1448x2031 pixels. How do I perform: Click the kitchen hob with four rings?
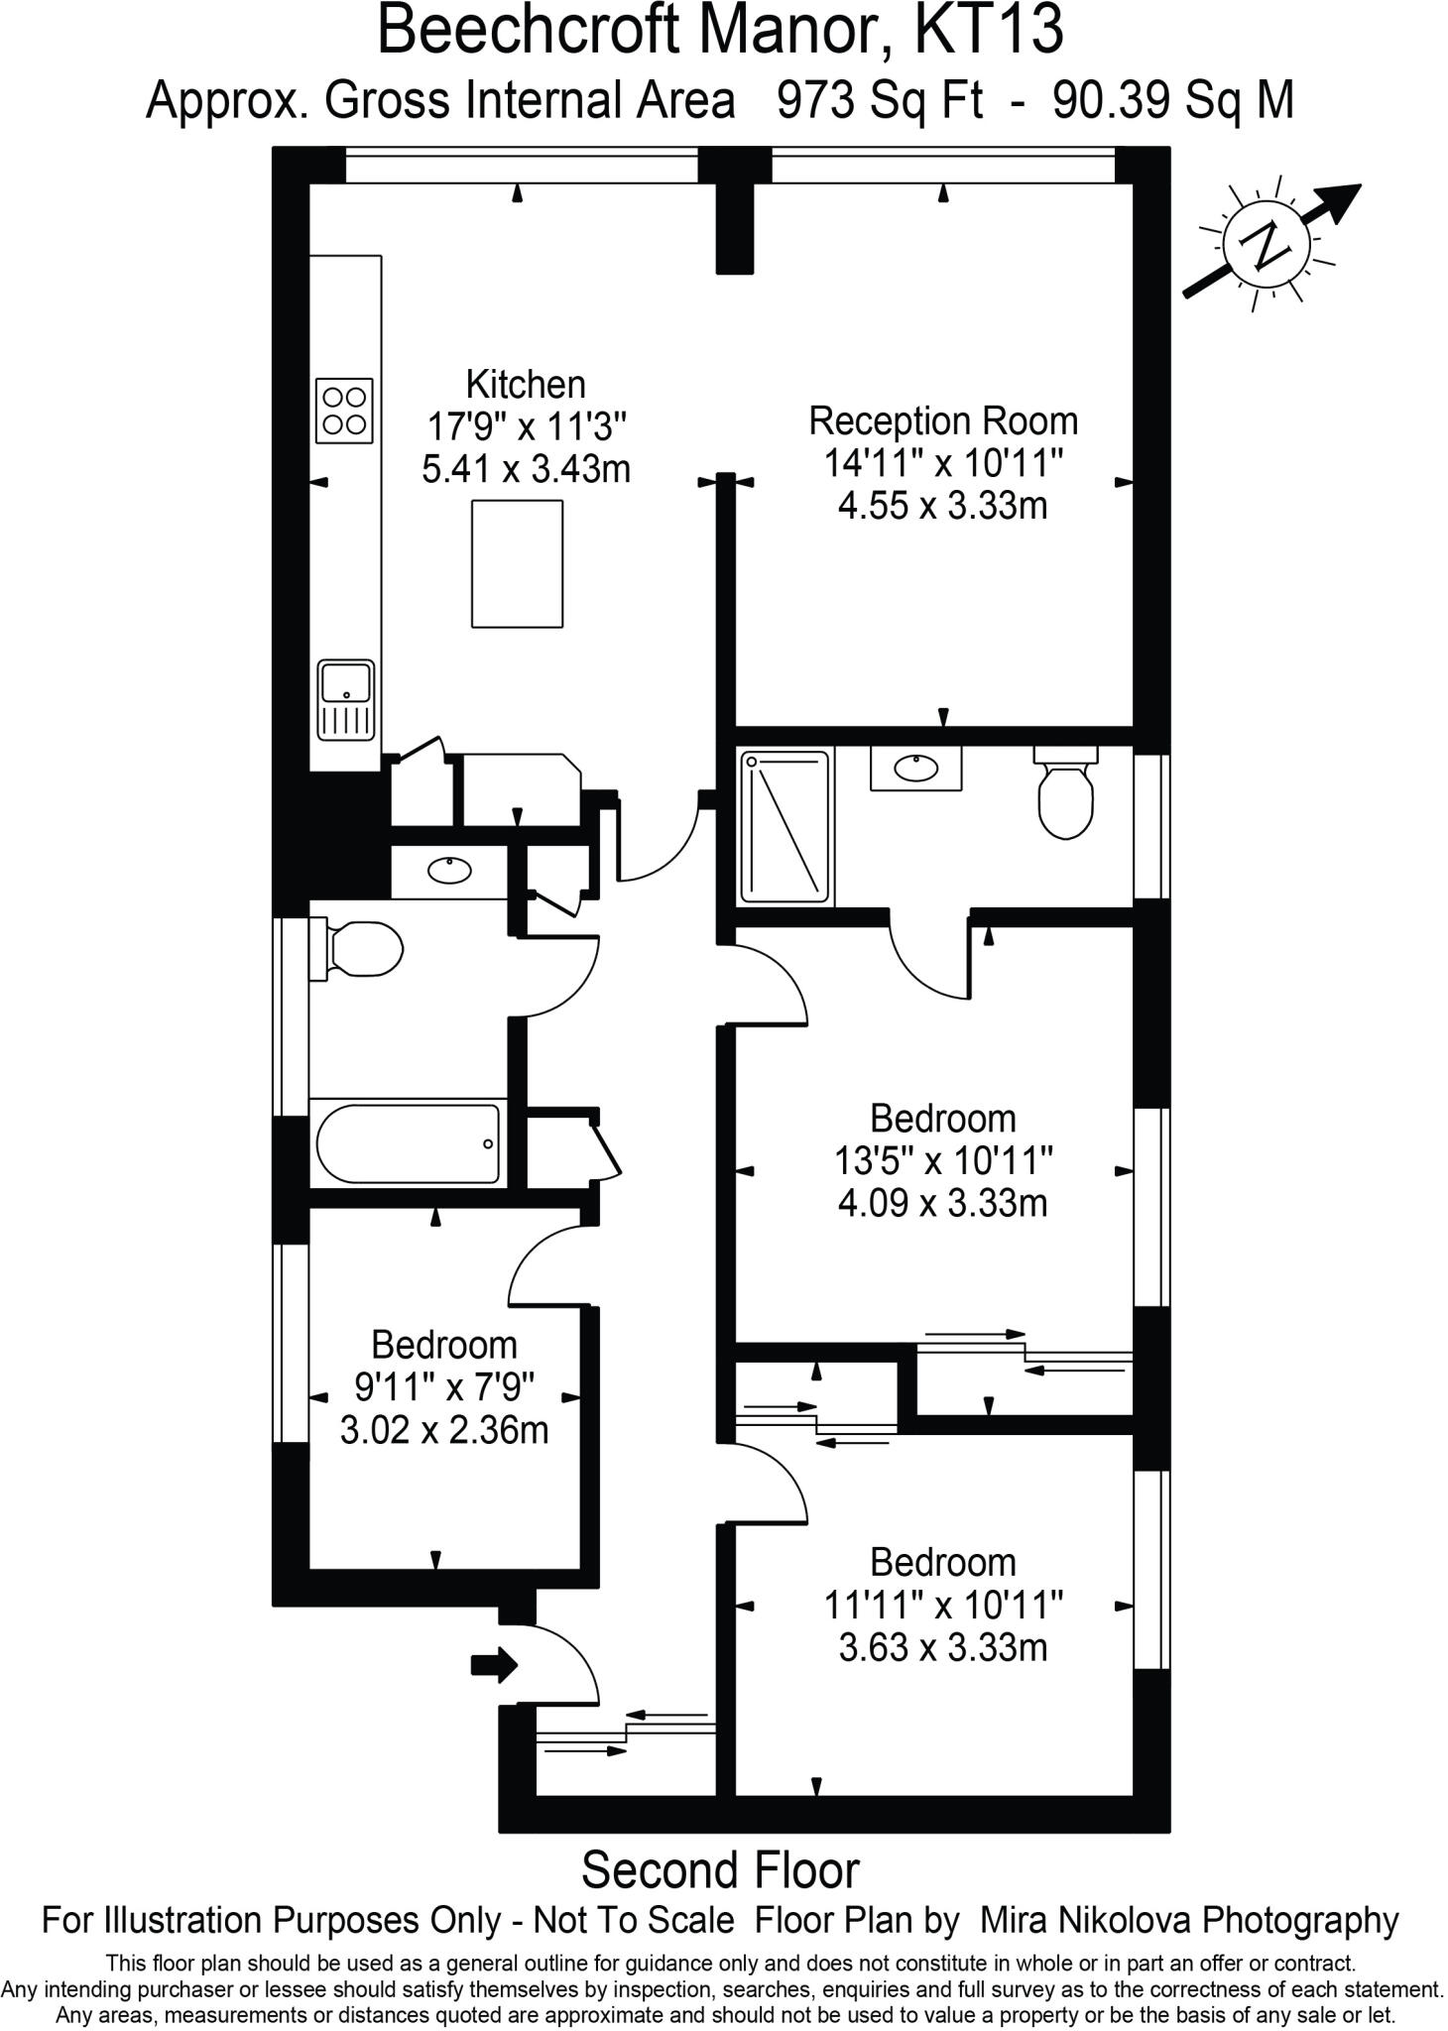click(x=344, y=411)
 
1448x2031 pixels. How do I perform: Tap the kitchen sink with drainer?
click(x=346, y=701)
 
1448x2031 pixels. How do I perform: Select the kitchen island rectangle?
click(x=517, y=563)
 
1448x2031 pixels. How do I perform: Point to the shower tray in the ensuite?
click(x=784, y=827)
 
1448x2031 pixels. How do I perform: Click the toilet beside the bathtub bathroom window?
click(x=361, y=950)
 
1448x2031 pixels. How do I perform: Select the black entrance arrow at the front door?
click(x=494, y=1664)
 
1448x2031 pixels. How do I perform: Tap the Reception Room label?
click(x=942, y=421)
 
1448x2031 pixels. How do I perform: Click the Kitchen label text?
click(x=526, y=384)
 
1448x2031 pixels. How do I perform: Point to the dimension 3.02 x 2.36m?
click(x=444, y=1430)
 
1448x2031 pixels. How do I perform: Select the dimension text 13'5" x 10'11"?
click(x=942, y=1160)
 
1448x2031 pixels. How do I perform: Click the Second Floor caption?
click(x=720, y=1870)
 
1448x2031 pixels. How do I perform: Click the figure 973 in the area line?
click(x=816, y=100)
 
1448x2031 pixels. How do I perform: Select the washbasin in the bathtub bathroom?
click(x=449, y=872)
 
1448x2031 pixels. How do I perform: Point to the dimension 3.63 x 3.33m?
click(x=942, y=1647)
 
